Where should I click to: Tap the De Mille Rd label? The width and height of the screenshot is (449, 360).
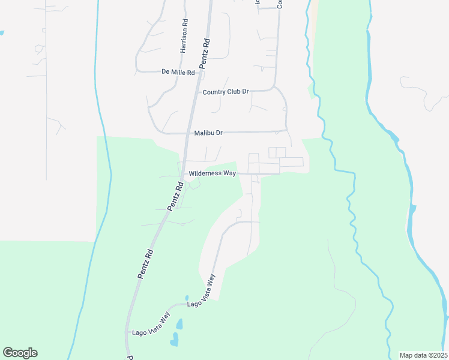(179, 72)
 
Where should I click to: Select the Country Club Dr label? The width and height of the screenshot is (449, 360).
(226, 92)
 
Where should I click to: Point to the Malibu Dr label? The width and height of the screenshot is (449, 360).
(208, 133)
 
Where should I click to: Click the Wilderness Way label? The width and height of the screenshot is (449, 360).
(212, 173)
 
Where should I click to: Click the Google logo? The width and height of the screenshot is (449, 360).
(20, 353)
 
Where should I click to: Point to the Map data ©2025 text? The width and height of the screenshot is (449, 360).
(423, 355)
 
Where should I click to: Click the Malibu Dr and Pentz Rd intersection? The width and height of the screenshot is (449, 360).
(191, 133)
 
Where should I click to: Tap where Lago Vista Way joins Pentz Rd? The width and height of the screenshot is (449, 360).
(127, 332)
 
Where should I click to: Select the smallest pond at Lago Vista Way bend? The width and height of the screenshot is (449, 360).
(187, 298)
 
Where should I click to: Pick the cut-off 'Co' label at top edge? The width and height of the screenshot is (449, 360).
(280, 4)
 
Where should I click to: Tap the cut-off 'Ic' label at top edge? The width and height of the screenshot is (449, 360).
(257, 2)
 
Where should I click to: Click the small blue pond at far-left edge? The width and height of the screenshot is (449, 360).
(2, 32)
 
